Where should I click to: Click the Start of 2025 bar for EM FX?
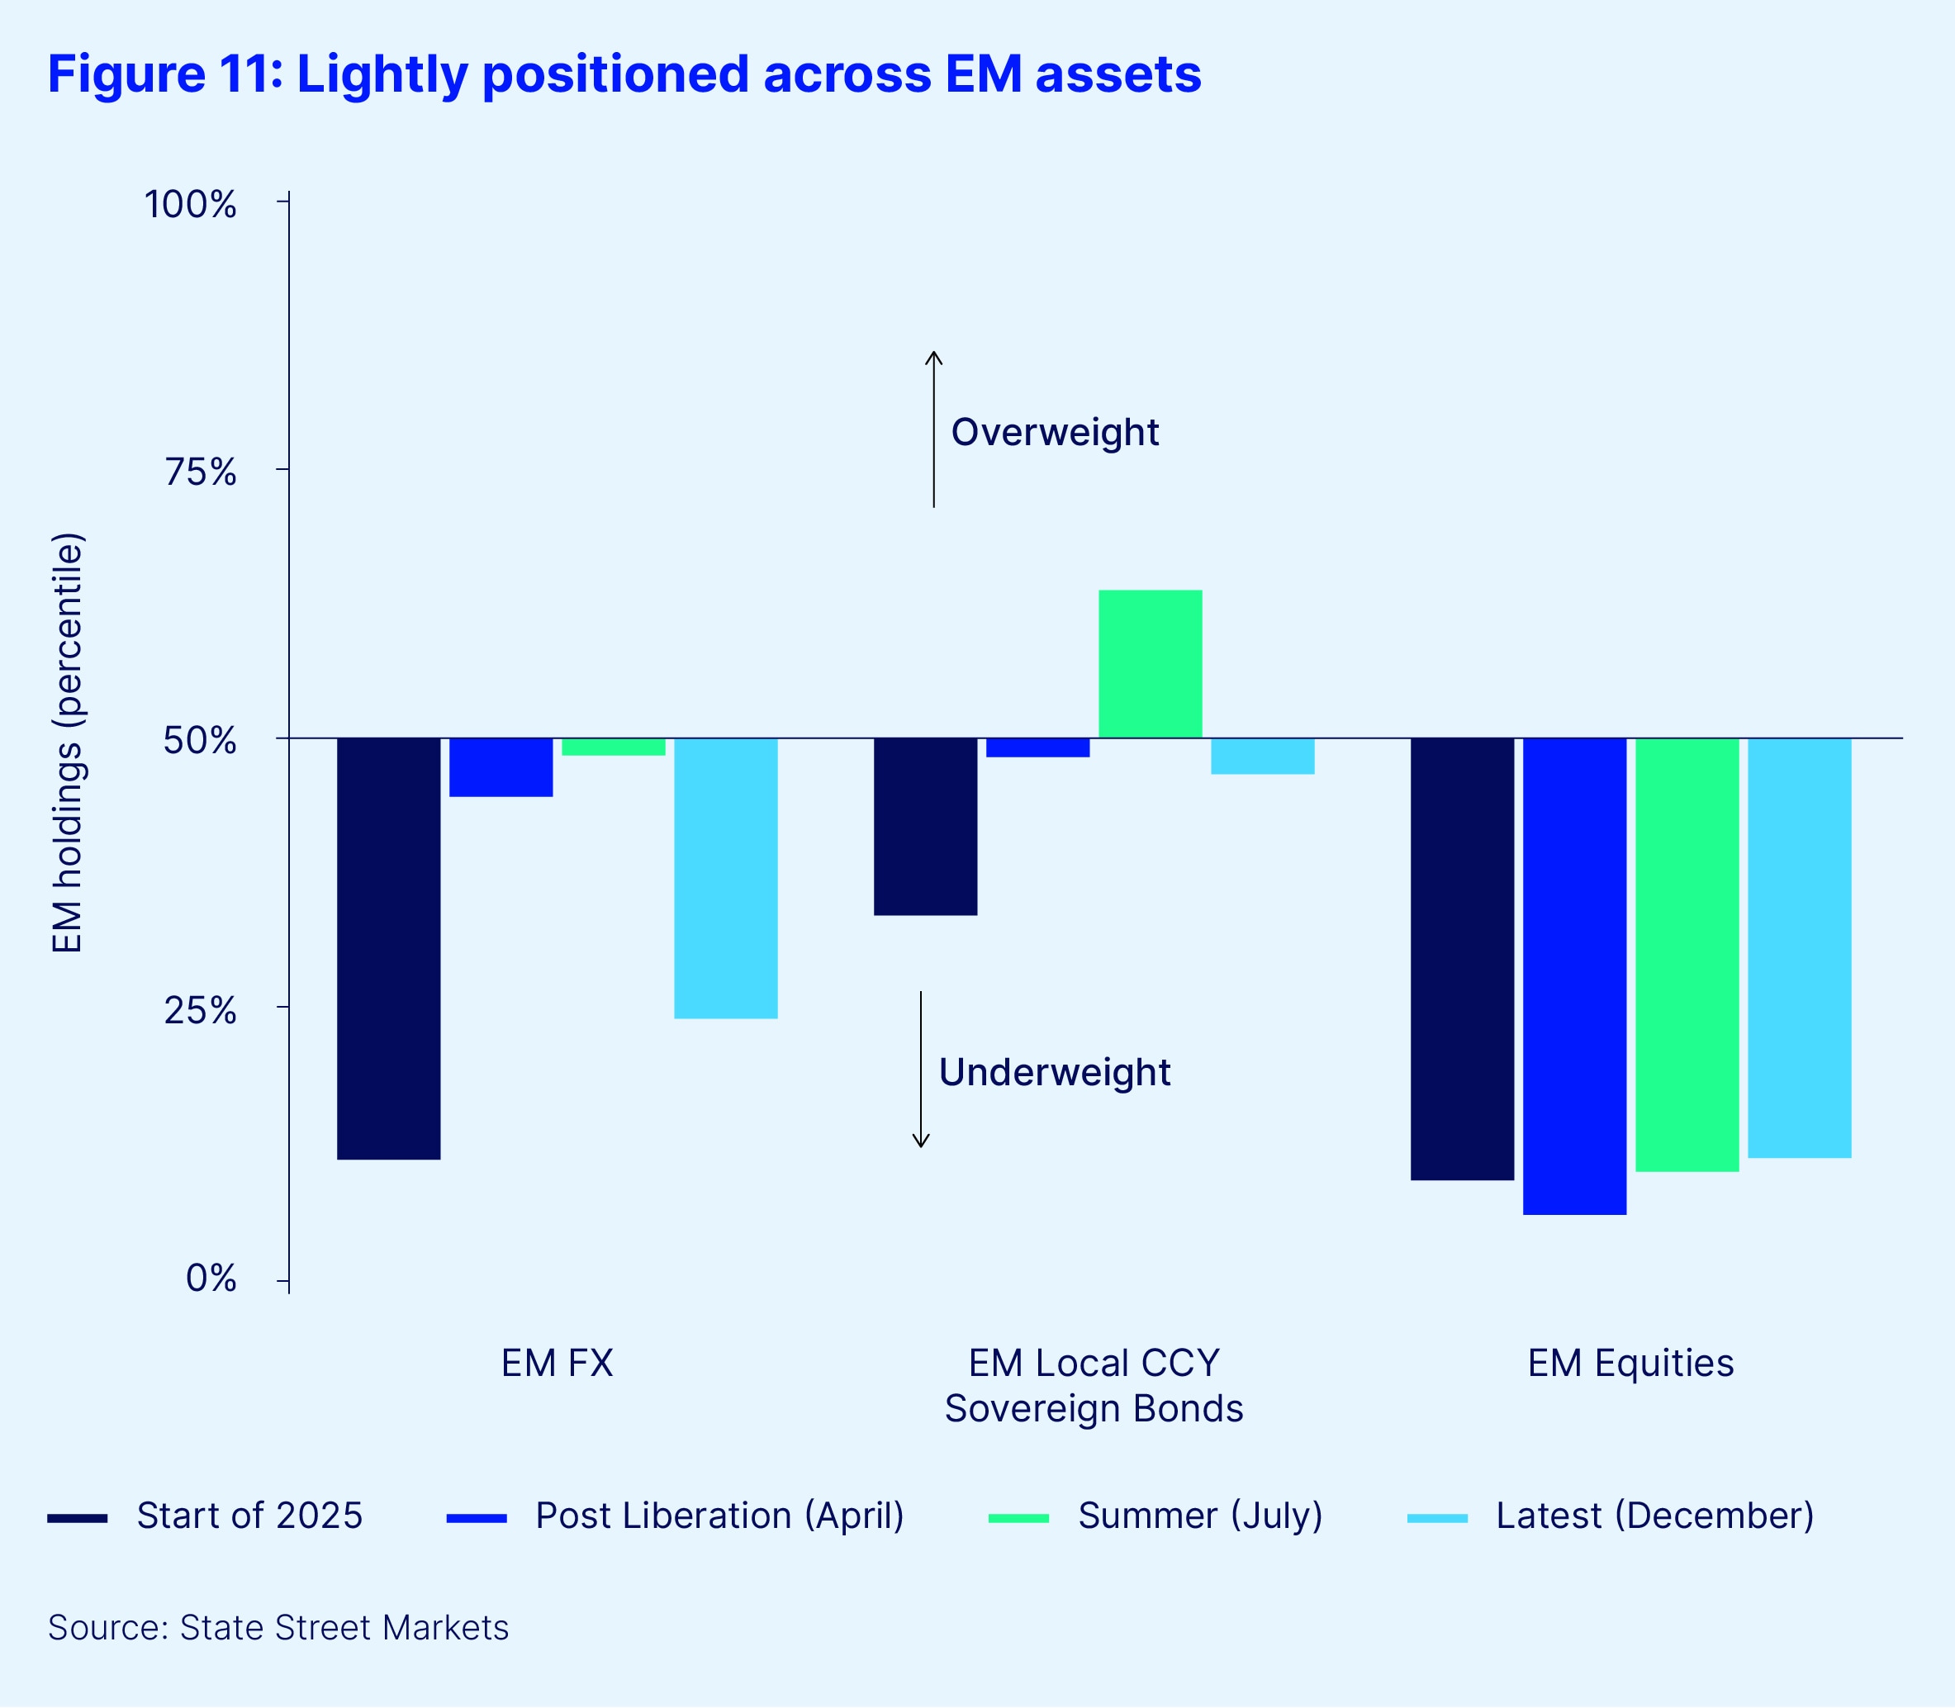coord(389,948)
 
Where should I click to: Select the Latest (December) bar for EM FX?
coord(725,878)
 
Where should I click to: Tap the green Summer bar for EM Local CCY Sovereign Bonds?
coord(1150,664)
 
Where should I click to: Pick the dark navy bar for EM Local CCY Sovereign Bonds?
coord(924,827)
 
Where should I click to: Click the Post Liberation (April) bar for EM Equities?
coord(1573,976)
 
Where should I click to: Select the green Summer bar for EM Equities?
coord(1687,954)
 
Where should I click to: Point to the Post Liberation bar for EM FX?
coord(501,767)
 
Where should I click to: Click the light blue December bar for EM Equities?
coord(1799,947)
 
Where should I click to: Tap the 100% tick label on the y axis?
coord(191,204)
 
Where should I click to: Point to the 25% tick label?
coord(200,1010)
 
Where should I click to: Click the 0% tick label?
coord(211,1279)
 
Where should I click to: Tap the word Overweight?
coord(1054,432)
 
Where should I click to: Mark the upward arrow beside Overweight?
coord(933,429)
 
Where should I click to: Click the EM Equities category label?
coord(1630,1363)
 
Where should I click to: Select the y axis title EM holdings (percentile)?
coord(68,743)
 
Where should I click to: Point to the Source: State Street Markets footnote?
coord(278,1628)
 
